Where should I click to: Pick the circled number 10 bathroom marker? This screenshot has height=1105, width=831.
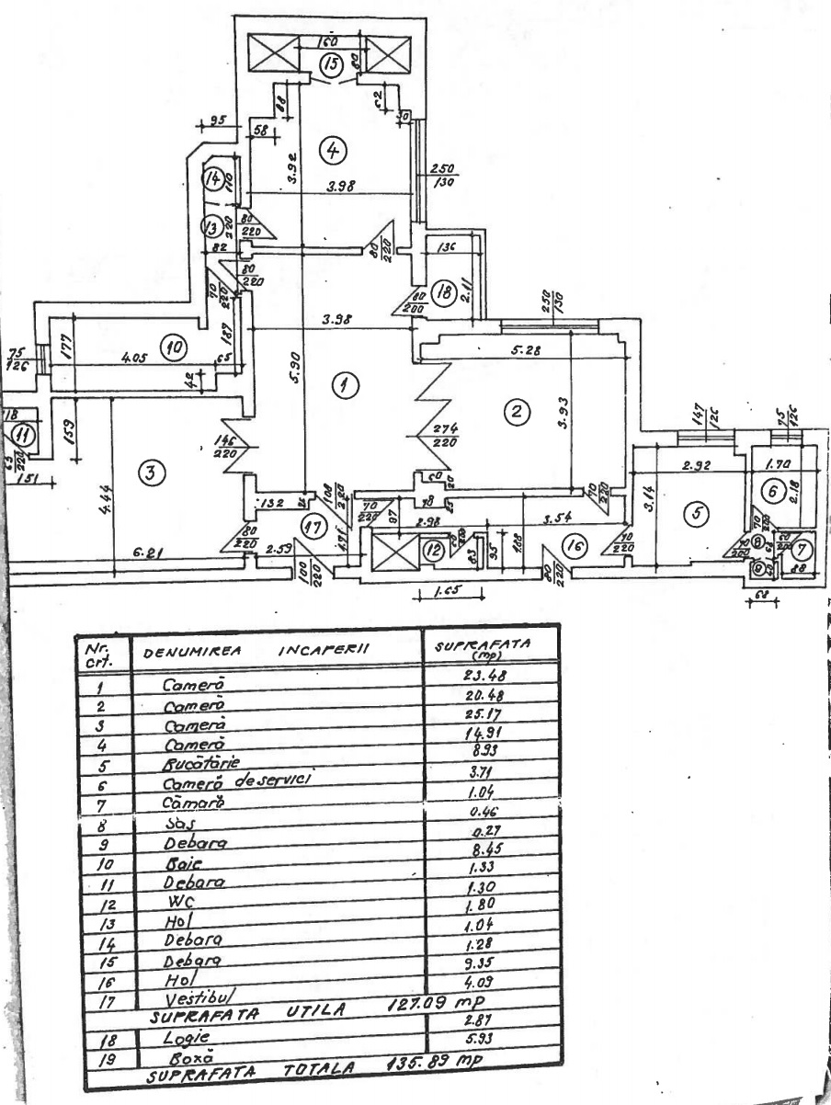point(171,347)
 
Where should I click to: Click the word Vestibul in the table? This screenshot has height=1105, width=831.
point(192,999)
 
